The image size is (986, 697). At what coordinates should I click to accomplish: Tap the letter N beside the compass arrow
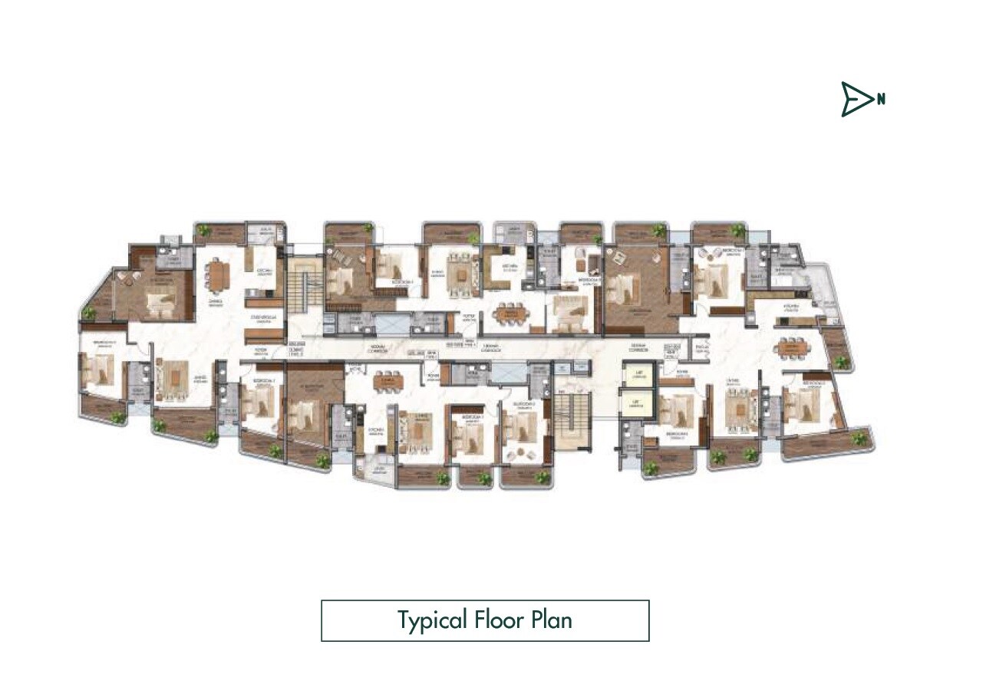[x=882, y=99]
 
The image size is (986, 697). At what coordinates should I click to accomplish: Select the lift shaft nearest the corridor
[x=635, y=376]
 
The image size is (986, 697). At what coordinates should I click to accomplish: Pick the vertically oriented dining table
[x=219, y=275]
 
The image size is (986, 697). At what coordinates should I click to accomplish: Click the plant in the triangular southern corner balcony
[x=90, y=313]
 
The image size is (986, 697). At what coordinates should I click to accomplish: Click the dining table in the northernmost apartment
[x=791, y=347]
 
